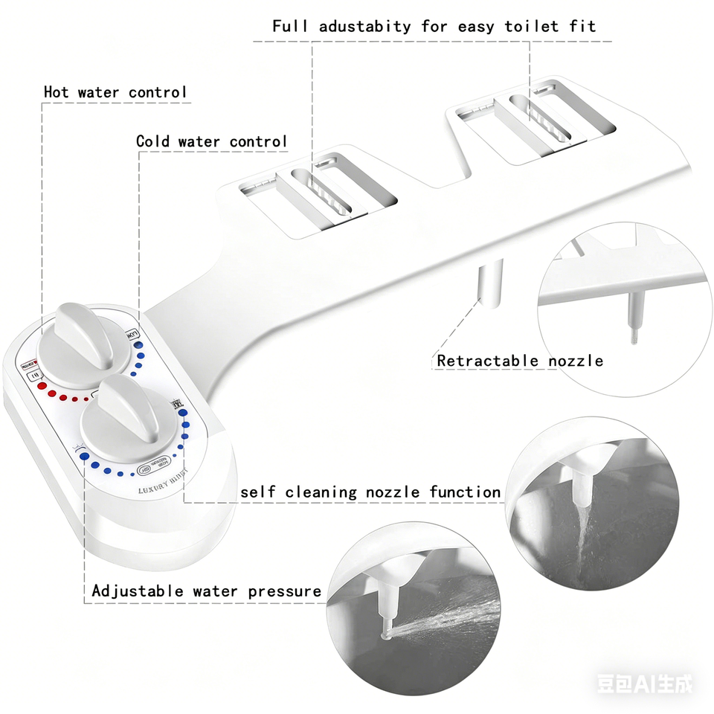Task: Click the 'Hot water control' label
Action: click(115, 92)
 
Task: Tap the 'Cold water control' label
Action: click(211, 141)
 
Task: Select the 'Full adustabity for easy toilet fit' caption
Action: click(434, 27)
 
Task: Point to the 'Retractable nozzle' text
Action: click(520, 361)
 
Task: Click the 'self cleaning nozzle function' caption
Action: click(370, 492)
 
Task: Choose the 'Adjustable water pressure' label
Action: click(207, 591)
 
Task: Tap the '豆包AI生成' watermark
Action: click(644, 683)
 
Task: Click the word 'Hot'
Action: click(57, 92)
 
